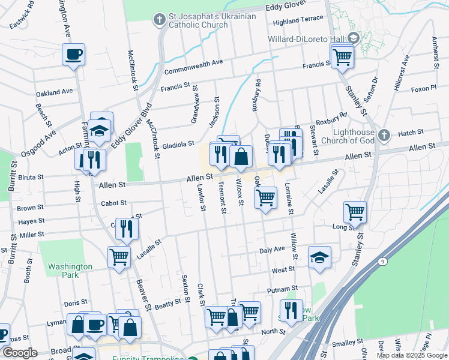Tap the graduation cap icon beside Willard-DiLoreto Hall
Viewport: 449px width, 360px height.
(x=354, y=37)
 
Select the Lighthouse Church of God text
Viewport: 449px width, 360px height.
(x=348, y=136)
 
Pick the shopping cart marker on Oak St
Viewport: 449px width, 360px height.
(x=265, y=197)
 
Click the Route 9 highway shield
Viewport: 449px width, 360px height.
(x=382, y=262)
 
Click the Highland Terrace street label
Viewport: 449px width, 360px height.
(x=298, y=20)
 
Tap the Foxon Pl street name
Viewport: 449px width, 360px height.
(x=423, y=89)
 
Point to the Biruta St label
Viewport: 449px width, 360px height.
(x=31, y=177)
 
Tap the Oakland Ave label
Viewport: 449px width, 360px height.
(x=54, y=92)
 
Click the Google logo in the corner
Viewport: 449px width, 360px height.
(x=20, y=353)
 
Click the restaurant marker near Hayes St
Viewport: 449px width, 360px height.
(x=127, y=229)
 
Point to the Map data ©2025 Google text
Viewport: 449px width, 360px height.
(x=411, y=355)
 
